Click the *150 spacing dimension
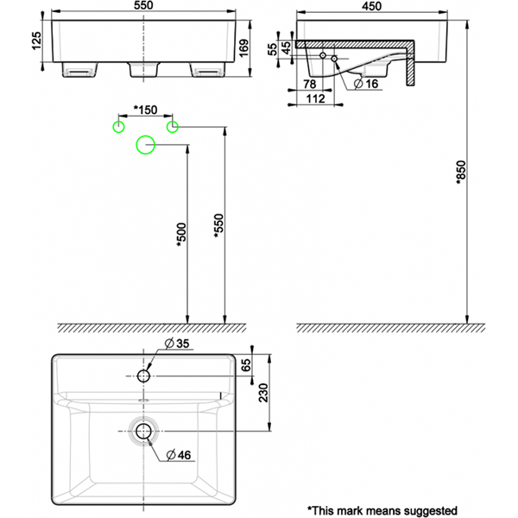pyautogui.click(x=145, y=111)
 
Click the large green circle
pyautogui.click(x=145, y=146)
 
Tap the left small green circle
pyautogui.click(x=118, y=127)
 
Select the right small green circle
pyautogui.click(x=172, y=127)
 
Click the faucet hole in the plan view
pyautogui.click(x=144, y=376)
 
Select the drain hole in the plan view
pyautogui.click(x=144, y=430)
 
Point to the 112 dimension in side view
pyautogui.click(x=317, y=98)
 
